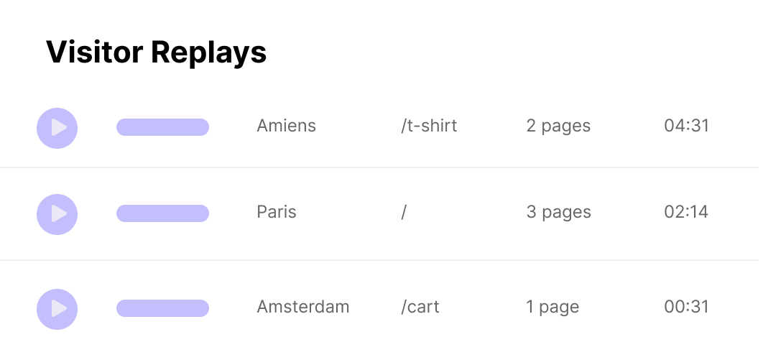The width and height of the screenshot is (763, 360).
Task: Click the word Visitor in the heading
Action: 94,52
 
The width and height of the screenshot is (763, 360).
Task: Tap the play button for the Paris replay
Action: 57,214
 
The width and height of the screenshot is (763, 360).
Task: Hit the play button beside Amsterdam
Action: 57,309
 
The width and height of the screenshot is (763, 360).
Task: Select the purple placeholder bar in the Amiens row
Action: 162,127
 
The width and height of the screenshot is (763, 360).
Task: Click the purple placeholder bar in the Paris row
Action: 162,213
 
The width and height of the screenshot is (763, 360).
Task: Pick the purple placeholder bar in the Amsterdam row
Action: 162,308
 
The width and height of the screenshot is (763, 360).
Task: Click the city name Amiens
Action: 286,126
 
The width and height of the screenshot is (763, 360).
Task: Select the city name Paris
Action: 277,212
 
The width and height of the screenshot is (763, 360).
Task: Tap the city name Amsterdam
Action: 303,307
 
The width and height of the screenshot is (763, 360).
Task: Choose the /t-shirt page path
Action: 429,126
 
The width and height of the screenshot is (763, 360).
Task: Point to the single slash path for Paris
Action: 404,212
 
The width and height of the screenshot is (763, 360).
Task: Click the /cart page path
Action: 420,307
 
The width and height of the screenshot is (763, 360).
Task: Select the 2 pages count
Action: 558,126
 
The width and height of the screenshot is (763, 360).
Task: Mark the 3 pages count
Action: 559,213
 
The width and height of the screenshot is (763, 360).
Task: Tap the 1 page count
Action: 552,308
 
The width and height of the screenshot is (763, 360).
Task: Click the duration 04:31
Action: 686,126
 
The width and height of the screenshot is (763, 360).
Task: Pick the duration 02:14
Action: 686,212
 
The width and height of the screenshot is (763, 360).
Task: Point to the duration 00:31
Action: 686,307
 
